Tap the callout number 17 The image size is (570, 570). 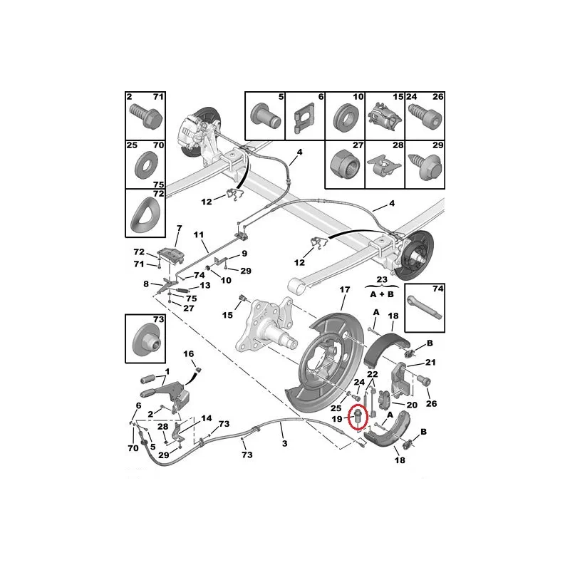(x=345, y=289)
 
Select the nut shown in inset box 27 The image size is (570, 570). (x=344, y=166)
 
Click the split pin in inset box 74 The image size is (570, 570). (x=424, y=308)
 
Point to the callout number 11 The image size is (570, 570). (x=199, y=235)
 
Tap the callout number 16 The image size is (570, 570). (x=188, y=353)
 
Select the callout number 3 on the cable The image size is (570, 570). (x=284, y=443)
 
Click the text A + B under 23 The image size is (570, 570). (x=382, y=294)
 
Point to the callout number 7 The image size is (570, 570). (x=180, y=229)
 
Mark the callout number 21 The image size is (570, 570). (x=430, y=362)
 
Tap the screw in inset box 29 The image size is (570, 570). (x=425, y=167)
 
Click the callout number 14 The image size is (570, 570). (x=207, y=418)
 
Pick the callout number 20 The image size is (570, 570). (x=412, y=405)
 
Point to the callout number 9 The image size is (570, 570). (x=244, y=254)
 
